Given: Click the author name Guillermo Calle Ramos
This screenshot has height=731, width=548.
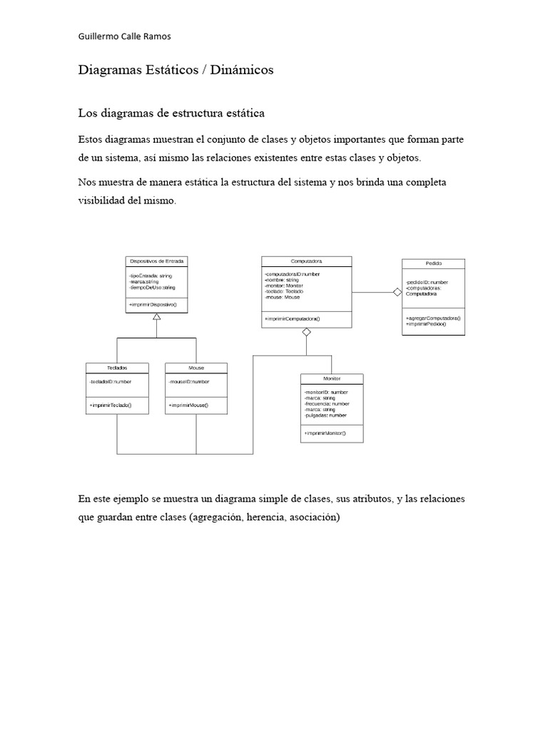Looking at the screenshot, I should (124, 36).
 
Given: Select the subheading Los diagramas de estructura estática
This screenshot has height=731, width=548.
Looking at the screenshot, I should (171, 113).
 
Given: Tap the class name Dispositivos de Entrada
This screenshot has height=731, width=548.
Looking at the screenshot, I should (156, 261).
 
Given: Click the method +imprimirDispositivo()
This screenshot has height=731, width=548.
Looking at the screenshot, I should (153, 305).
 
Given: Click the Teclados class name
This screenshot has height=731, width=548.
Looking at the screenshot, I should (117, 368).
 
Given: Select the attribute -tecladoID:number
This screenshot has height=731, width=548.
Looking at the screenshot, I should (111, 381).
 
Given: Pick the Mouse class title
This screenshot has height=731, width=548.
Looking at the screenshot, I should (196, 368).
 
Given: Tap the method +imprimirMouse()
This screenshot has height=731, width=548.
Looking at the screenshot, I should (188, 405).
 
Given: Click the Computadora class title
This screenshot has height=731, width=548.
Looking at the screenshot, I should (306, 261).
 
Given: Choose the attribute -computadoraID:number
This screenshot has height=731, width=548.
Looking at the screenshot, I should (296, 273).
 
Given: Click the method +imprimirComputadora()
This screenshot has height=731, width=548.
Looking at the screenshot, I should (293, 318).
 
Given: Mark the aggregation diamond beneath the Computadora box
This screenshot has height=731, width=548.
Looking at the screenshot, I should (306, 332).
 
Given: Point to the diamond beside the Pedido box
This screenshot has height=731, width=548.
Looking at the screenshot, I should (397, 291).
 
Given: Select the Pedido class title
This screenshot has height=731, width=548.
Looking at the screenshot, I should (433, 263).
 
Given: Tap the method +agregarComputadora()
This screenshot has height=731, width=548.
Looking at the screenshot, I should (433, 318).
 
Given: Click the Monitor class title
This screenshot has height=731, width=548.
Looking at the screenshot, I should (332, 378).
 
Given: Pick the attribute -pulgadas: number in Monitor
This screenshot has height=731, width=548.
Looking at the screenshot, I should (325, 415).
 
